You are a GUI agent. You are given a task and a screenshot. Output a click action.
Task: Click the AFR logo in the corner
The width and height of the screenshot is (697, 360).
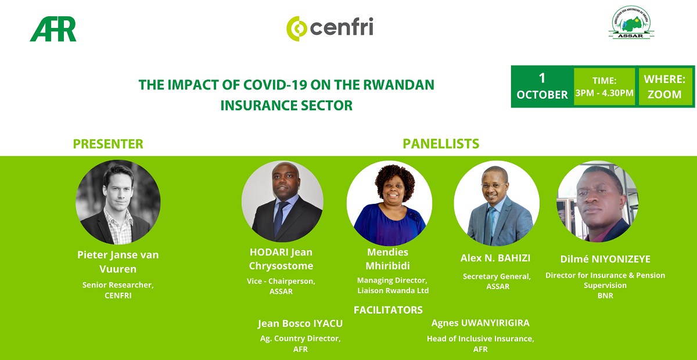coord(53,29)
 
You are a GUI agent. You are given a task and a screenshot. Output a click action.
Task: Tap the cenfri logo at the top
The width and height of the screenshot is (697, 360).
coord(330,28)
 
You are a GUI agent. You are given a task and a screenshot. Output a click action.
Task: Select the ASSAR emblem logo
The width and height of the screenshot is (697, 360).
coord(631,22)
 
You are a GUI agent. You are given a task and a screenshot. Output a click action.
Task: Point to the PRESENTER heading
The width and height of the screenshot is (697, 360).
coord(108,144)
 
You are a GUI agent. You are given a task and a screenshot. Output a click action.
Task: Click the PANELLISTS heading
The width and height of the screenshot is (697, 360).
coord(441,144)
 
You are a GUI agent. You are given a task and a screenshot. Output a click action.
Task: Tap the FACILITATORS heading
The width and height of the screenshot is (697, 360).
coord(388,310)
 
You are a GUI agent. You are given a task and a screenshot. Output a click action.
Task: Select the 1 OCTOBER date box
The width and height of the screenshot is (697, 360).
coord(542,87)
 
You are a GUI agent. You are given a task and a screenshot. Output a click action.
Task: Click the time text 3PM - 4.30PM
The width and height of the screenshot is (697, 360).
coord(604,93)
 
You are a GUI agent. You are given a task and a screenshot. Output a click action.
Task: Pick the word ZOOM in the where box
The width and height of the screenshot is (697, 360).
coord(664,94)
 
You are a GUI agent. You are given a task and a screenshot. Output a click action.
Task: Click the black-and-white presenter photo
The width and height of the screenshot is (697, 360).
coord(118,202)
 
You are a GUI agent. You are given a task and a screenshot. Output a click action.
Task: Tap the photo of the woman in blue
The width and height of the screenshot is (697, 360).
coord(389,203)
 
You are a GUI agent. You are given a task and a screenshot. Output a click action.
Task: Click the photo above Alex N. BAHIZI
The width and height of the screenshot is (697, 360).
coord(497,203)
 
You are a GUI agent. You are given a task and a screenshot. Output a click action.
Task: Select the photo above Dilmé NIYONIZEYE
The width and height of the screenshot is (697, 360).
coord(598,201)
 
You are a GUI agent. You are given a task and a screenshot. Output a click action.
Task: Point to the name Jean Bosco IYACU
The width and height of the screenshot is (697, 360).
coord(300,323)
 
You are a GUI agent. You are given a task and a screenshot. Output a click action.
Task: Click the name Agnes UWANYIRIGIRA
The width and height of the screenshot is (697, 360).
coord(480,323)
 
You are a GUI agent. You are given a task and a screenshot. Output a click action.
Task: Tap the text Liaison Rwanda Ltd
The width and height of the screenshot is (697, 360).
coord(393,291)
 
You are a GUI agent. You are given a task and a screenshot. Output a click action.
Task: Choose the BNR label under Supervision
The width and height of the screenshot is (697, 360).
coord(605,296)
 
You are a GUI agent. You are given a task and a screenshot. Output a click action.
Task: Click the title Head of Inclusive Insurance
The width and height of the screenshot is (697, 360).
coord(480,339)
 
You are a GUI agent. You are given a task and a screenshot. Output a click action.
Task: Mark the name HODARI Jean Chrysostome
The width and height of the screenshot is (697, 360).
coord(281,259)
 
